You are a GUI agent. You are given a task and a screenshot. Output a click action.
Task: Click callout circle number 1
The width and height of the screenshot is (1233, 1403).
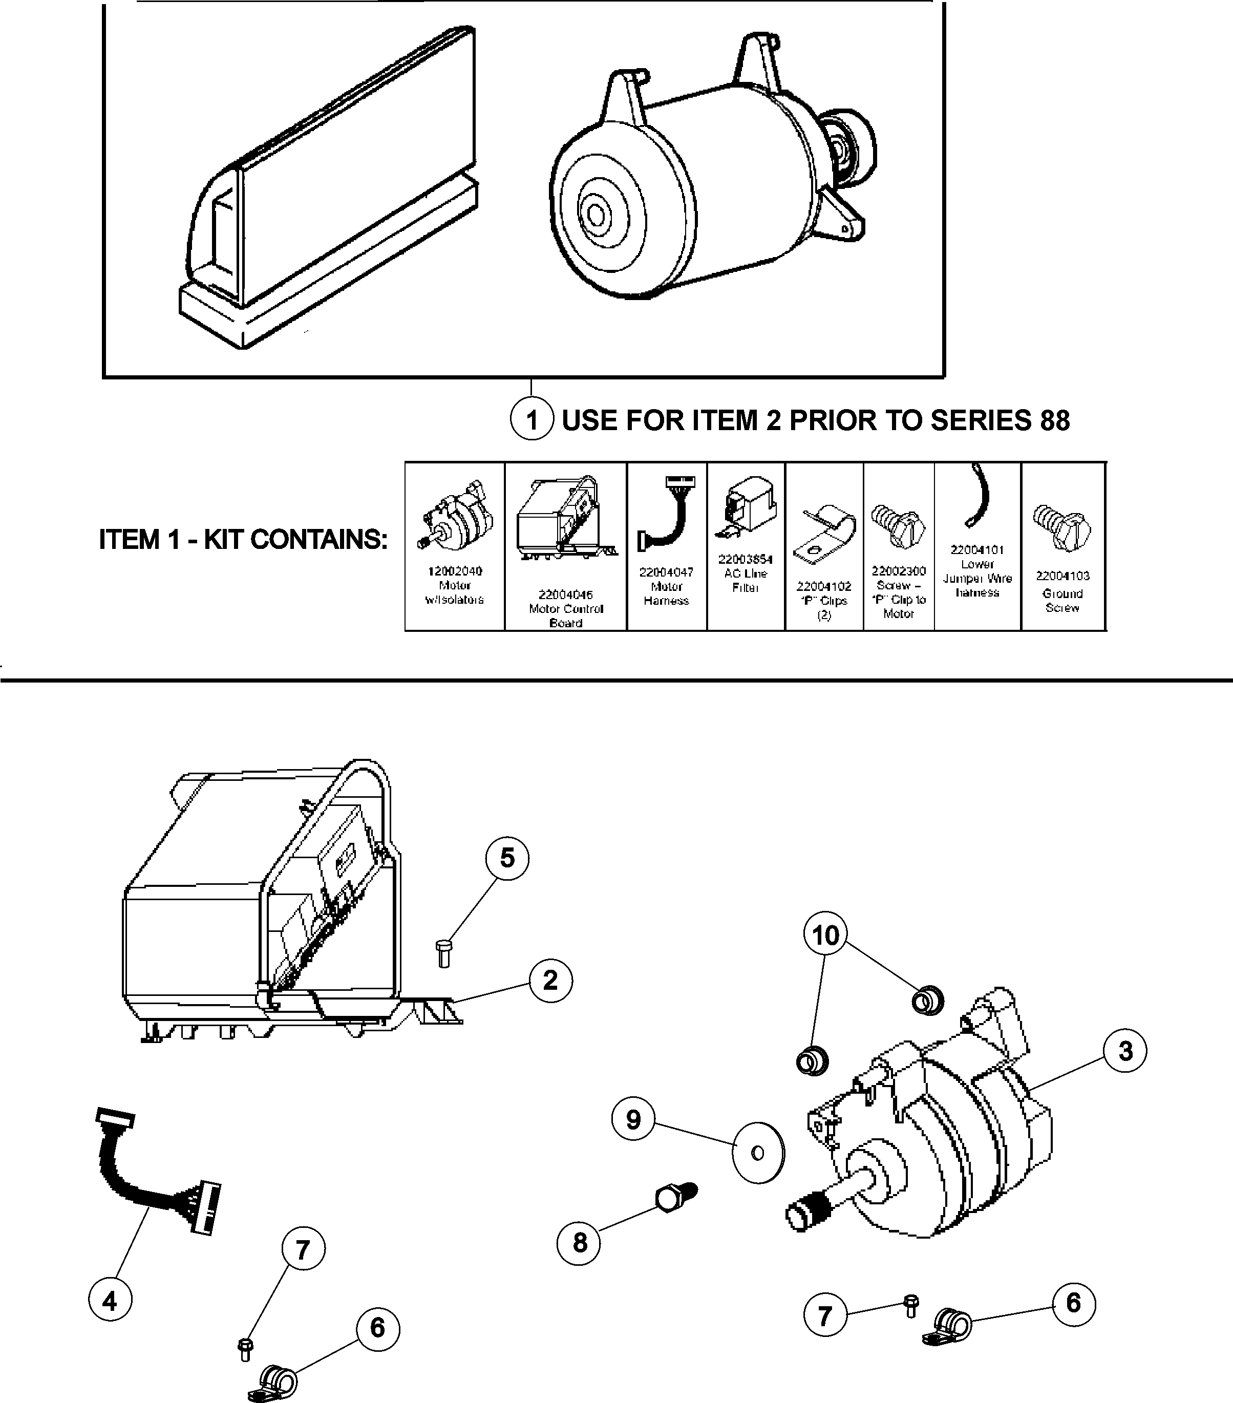point(532,419)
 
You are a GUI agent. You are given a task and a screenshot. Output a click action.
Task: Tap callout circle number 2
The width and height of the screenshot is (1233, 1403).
point(550,980)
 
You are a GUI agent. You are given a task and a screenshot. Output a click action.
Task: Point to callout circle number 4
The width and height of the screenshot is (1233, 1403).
point(110,1300)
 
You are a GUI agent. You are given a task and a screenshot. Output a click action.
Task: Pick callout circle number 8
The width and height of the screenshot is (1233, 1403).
point(580,1242)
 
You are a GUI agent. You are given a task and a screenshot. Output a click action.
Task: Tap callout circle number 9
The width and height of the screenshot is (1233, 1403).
point(633,1119)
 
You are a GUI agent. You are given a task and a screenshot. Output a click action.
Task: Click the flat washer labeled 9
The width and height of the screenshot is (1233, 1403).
point(757,1153)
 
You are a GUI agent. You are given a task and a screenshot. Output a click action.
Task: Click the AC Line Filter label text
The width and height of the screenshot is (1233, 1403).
point(746,581)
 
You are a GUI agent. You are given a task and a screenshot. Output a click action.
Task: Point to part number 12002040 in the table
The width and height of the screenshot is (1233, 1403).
point(455,571)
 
